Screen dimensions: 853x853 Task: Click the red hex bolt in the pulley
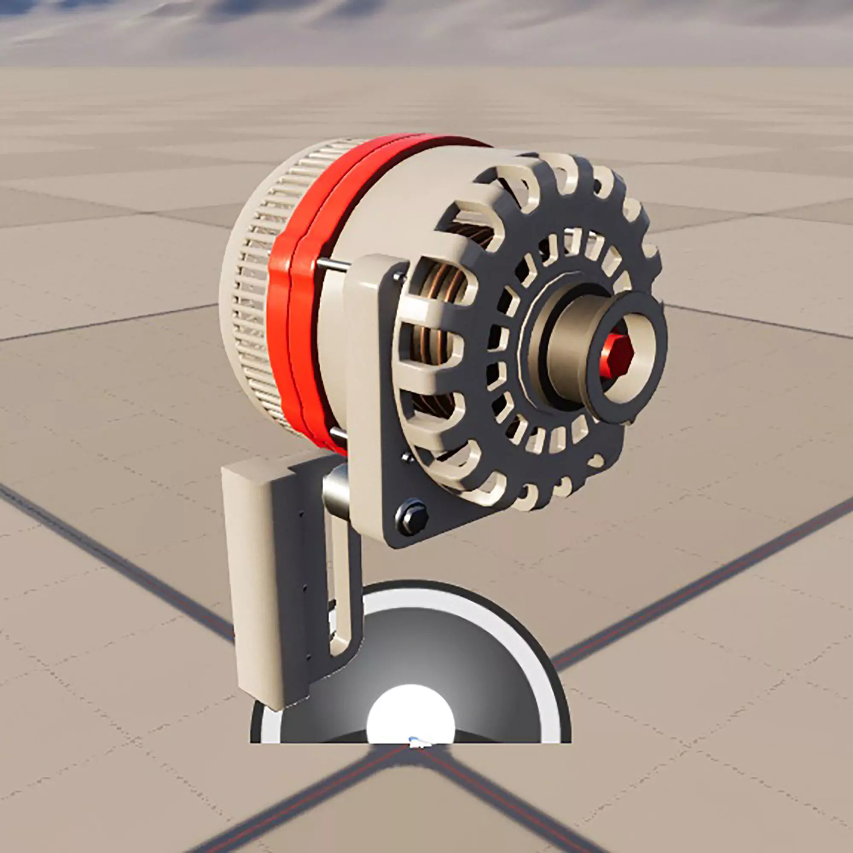click(617, 356)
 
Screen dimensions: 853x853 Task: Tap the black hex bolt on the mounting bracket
click(412, 515)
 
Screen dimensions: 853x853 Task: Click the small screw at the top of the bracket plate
click(400, 277)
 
